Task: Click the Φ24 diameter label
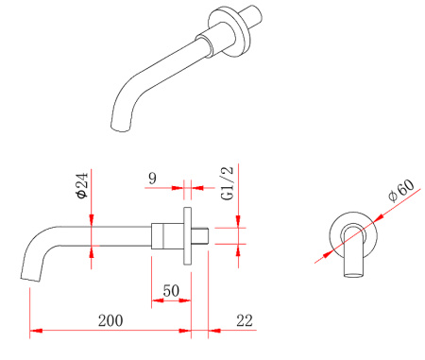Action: (81, 185)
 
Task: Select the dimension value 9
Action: (152, 179)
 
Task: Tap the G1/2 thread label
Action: (228, 183)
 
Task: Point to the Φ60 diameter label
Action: (401, 191)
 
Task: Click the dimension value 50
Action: (171, 290)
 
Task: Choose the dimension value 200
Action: (110, 320)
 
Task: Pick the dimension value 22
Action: (245, 320)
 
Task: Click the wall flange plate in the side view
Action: (187, 235)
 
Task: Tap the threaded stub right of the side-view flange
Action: (200, 235)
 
